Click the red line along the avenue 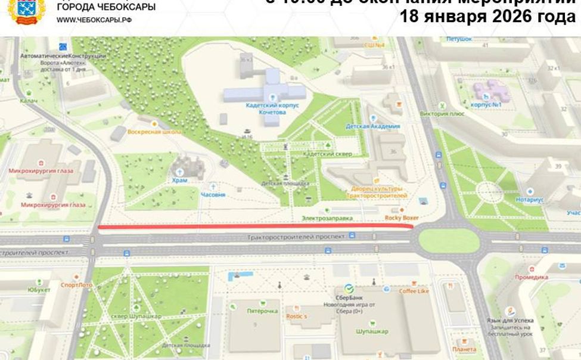coord(255,226)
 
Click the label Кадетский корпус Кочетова coord(271,108)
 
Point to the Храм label coord(179,180)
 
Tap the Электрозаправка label coord(327,218)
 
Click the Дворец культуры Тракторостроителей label coord(377,192)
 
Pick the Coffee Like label coord(414,291)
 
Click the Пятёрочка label coord(262,311)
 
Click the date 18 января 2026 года coord(487,17)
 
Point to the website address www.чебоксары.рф coord(94,20)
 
